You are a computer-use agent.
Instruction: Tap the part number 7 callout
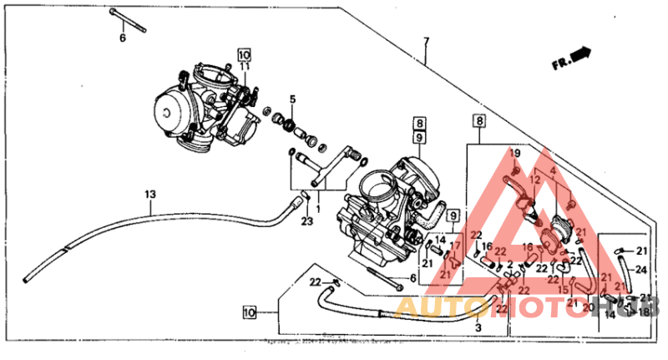point(426,42)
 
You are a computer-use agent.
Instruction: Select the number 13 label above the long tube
point(150,195)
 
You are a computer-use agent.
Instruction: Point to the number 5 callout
point(292,100)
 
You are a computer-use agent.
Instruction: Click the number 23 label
point(306,221)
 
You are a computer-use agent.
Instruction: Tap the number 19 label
point(515,154)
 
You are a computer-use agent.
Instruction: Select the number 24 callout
point(641,270)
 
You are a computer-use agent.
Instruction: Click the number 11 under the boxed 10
point(245,66)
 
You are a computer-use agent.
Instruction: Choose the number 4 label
point(551,170)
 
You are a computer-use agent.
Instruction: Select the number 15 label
point(562,290)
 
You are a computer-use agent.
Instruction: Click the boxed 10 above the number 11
point(245,53)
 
